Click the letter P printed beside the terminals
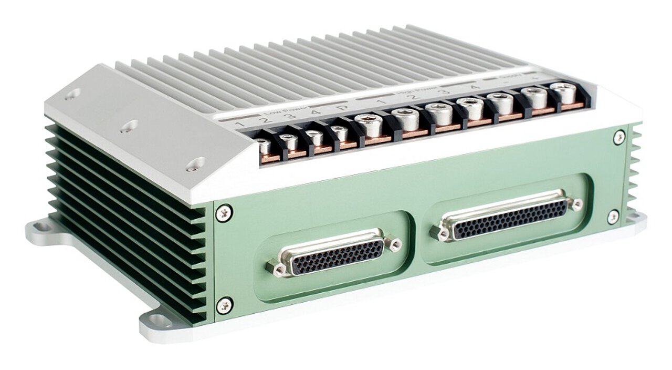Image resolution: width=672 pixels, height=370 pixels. [342, 107]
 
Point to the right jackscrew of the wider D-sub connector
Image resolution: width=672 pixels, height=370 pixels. [576, 203]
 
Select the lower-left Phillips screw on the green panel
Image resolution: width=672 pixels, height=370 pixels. [225, 304]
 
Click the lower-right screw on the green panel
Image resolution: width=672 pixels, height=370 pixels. [613, 216]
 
